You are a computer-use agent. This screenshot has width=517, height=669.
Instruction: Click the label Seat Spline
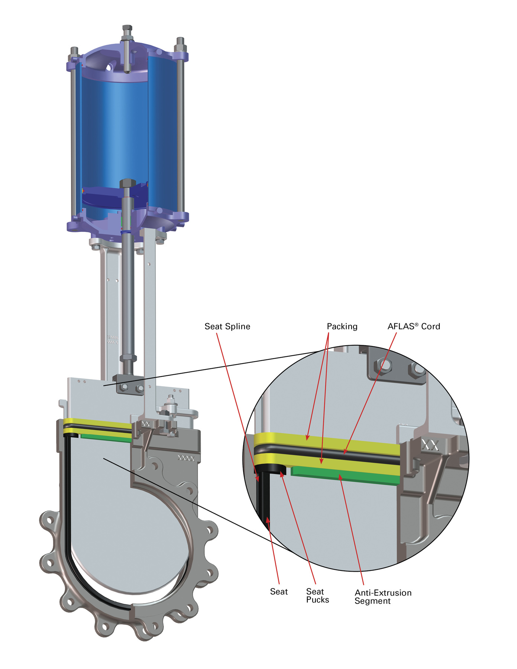[227, 326]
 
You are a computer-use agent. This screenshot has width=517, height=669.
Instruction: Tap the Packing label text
[342, 326]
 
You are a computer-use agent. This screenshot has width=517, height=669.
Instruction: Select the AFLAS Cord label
[413, 326]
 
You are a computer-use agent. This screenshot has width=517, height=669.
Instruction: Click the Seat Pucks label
[317, 595]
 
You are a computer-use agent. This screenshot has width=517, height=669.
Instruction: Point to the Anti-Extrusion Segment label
[383, 597]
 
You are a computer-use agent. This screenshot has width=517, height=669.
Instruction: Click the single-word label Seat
[279, 592]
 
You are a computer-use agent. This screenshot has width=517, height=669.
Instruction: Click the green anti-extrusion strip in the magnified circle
[346, 476]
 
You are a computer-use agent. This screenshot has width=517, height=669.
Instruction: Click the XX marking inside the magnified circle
[430, 445]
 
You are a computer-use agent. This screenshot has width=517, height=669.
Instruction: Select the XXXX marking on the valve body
[186, 459]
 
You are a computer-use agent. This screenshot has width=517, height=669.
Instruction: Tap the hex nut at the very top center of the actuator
[127, 29]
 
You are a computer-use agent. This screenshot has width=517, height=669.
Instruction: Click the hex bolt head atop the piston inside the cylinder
[128, 184]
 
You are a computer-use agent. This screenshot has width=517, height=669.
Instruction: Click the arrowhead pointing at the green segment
[340, 477]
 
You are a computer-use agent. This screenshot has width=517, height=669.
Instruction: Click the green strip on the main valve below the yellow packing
[106, 437]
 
